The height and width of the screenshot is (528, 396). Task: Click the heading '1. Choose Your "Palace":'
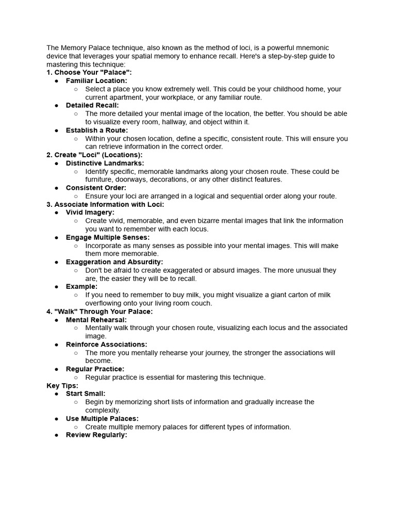89,73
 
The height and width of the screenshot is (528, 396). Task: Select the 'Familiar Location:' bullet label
96,81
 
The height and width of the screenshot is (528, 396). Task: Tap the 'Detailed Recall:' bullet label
92,105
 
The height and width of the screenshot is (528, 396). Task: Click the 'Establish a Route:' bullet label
97,130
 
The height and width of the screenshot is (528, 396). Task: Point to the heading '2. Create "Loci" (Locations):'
94,155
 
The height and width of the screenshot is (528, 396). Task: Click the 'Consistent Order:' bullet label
96,188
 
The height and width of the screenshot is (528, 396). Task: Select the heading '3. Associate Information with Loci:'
105,204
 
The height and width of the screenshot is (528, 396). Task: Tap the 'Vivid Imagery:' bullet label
90,212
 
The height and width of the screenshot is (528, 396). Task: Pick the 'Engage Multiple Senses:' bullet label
108,237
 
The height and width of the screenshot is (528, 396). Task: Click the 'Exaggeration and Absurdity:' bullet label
114,262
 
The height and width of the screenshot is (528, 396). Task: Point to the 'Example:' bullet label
81,287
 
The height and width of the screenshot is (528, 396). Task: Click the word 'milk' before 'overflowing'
323,295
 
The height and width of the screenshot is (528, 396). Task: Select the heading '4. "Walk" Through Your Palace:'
100,311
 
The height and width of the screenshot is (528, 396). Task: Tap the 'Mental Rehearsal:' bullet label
96,320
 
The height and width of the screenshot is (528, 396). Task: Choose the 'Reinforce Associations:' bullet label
107,344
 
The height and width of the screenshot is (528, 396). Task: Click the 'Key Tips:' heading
62,385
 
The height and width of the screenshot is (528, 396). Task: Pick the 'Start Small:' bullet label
86,393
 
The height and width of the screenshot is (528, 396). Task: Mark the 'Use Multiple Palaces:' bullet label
102,419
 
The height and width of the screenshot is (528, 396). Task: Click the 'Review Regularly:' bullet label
96,435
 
